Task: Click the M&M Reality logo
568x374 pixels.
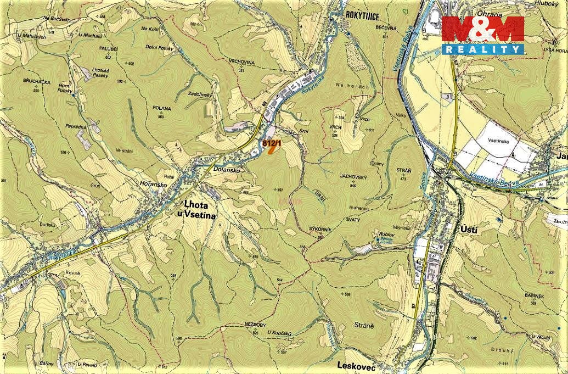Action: click(483, 35)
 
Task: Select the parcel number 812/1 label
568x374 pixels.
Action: click(272, 143)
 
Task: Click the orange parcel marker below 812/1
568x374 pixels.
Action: click(271, 151)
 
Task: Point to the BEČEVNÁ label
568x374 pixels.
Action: click(385, 27)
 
